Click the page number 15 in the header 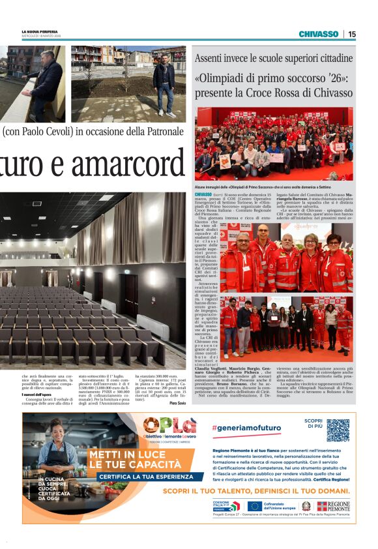coord(352,34)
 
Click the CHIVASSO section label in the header coord(318,34)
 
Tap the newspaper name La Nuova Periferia coord(39,31)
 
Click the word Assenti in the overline coord(211,58)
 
